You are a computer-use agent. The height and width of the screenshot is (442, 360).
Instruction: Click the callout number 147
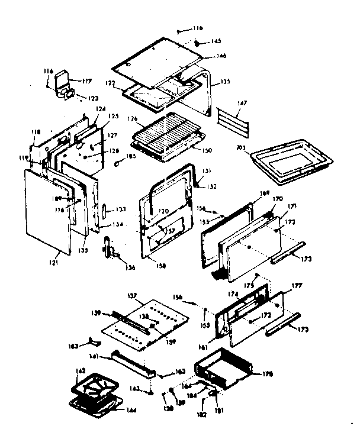242,103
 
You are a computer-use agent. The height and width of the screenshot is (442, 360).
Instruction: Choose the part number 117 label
86,81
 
